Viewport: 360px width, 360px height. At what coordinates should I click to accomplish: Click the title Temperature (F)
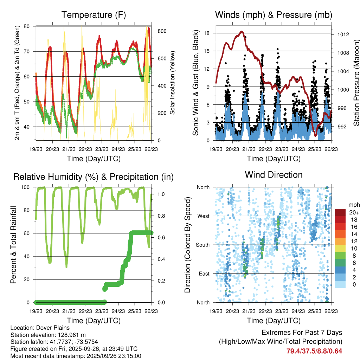94,15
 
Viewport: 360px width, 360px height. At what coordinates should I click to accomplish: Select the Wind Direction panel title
274,175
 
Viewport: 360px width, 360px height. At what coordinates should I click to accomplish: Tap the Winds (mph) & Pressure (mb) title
274,15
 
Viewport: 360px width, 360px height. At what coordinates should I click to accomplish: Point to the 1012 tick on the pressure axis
342,34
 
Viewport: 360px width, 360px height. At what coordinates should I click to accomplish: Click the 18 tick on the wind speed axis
207,33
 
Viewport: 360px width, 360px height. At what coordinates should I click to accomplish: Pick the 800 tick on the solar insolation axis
162,31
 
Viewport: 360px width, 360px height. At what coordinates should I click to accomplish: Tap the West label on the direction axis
203,216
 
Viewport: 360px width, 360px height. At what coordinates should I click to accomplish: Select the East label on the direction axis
204,274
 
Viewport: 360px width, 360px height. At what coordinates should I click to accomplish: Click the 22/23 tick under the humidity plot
85,311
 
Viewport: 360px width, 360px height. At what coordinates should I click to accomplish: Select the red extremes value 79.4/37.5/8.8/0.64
314,351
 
